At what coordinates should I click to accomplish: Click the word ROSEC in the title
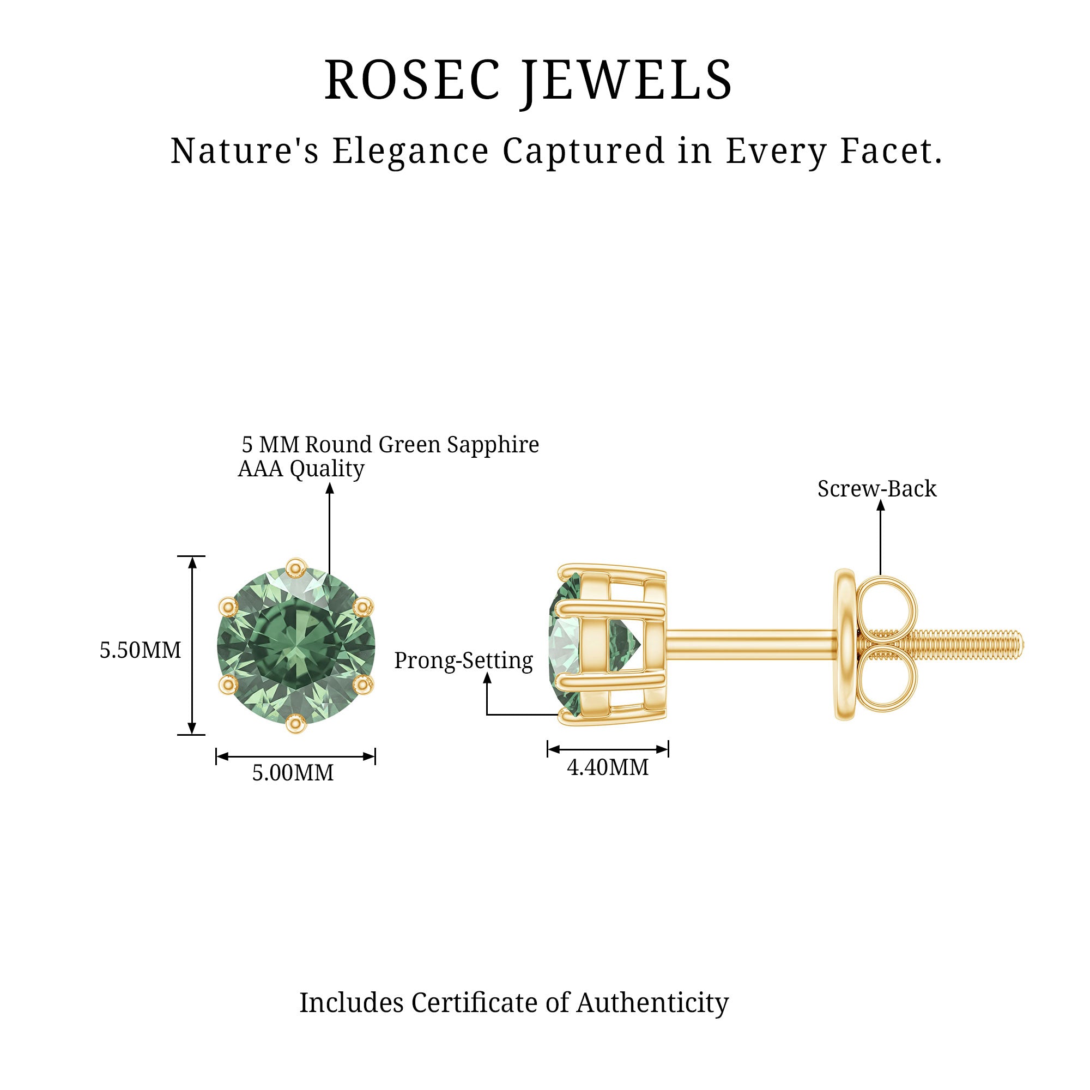click(x=413, y=80)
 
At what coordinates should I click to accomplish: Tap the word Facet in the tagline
click(x=891, y=151)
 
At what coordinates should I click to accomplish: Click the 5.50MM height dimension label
click(x=141, y=651)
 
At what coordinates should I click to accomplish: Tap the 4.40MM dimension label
click(x=608, y=767)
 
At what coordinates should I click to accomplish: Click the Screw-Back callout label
click(x=877, y=488)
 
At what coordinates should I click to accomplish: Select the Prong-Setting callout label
click(x=463, y=661)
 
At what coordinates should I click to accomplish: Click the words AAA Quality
click(x=301, y=469)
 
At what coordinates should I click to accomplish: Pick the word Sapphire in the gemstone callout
click(x=493, y=445)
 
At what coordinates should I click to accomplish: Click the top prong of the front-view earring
click(x=295, y=567)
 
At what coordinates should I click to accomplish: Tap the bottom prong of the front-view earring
click(x=295, y=723)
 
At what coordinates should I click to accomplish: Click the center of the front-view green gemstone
click(x=295, y=645)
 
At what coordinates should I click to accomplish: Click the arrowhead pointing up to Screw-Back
click(x=880, y=506)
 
